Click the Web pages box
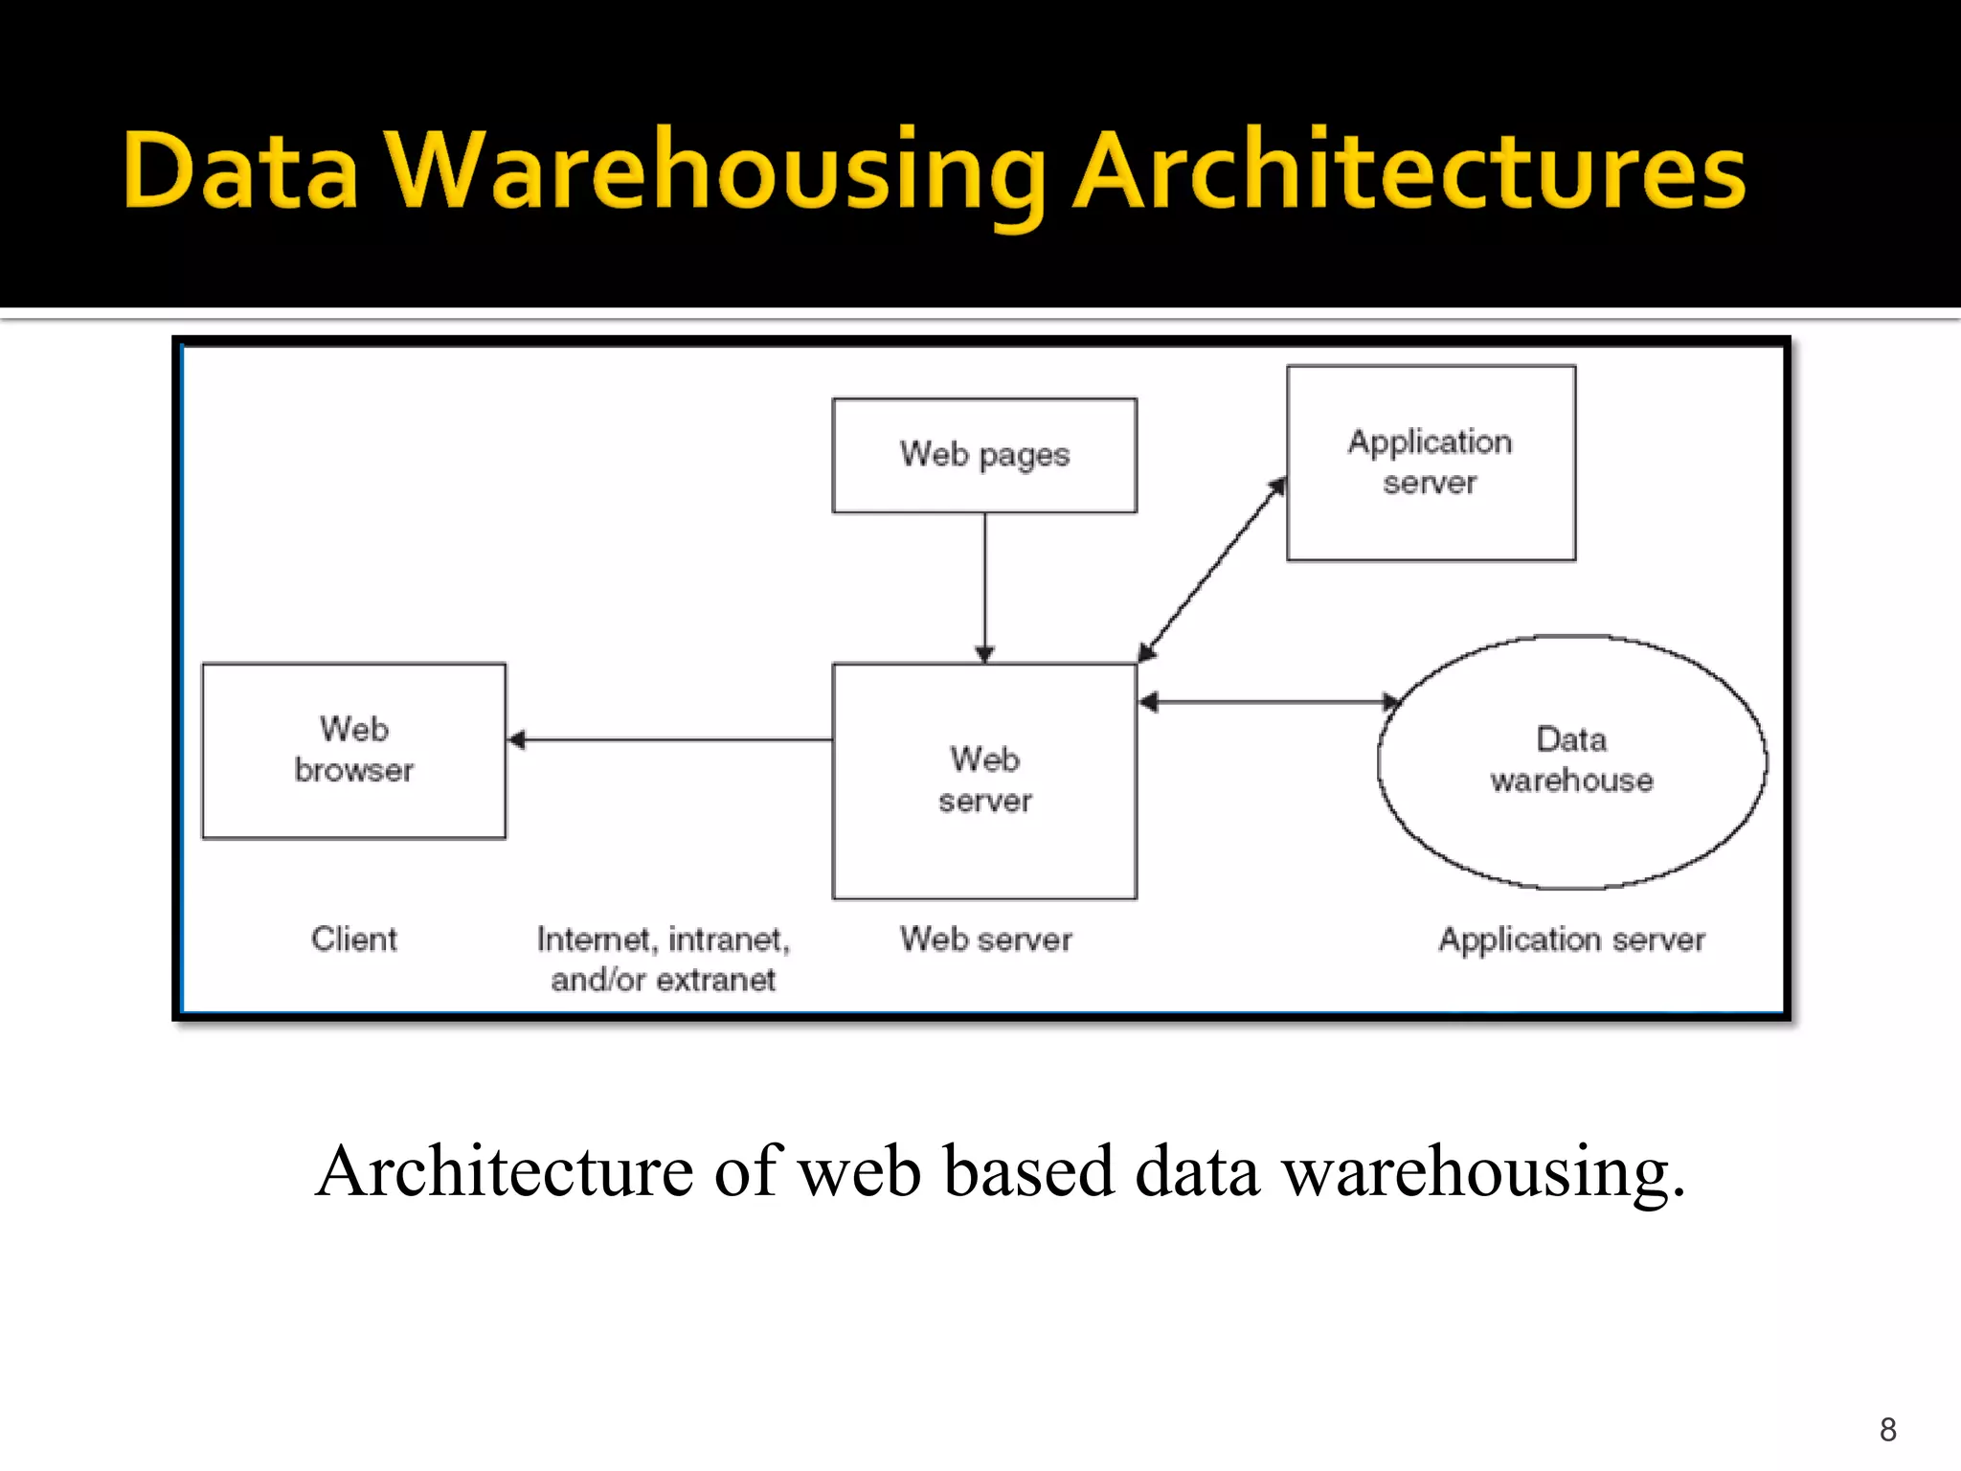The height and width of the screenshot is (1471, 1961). point(984,455)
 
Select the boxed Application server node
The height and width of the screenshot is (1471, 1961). point(1431,463)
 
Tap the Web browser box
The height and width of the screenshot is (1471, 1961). point(353,750)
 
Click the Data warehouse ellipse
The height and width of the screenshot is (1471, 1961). point(1571,761)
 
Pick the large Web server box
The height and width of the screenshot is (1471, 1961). point(984,781)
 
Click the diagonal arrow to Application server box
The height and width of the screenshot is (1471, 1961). point(1211,571)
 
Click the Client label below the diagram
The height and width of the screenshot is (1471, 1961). point(353,939)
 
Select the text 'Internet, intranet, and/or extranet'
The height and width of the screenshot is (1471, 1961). point(663,959)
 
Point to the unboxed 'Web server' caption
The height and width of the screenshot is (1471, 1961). point(985,939)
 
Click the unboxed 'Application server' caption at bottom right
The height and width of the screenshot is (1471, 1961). point(1571,939)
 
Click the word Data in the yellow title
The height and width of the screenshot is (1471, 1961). point(240,172)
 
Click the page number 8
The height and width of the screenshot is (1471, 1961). point(1887,1430)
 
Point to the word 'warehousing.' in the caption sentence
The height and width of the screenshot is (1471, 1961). point(1483,1171)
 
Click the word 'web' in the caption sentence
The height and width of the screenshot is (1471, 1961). point(859,1171)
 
